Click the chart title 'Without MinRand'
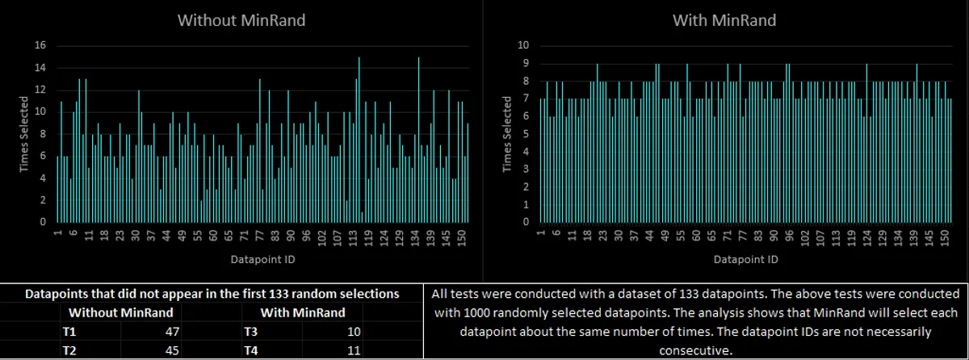pos(241,21)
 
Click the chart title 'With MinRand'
pos(724,21)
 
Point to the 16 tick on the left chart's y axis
pos(40,45)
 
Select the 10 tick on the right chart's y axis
pos(523,45)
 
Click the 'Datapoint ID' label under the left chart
pos(262,260)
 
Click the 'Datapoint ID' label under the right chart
pos(745,260)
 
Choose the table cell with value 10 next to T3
pos(353,332)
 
